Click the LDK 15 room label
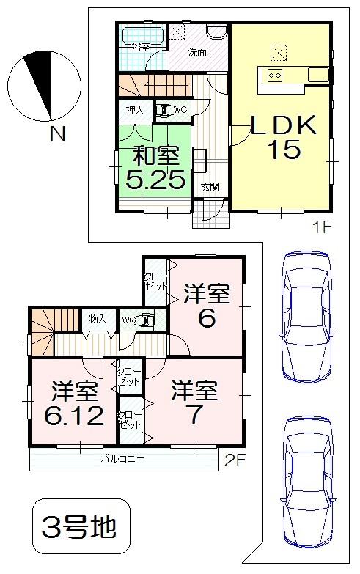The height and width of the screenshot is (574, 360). point(284,137)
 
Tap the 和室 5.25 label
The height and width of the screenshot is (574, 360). point(154,168)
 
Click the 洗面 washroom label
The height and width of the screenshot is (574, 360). point(196,52)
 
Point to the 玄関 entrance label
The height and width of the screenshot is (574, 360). point(210,187)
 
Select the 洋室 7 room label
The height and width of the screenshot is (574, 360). point(195,402)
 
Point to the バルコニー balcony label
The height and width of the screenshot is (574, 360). point(123,460)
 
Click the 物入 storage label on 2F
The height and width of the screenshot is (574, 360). point(98,319)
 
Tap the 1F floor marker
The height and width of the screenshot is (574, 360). point(322,226)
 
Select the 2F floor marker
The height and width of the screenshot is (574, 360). point(232,461)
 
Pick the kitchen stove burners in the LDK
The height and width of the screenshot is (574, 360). point(276,74)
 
